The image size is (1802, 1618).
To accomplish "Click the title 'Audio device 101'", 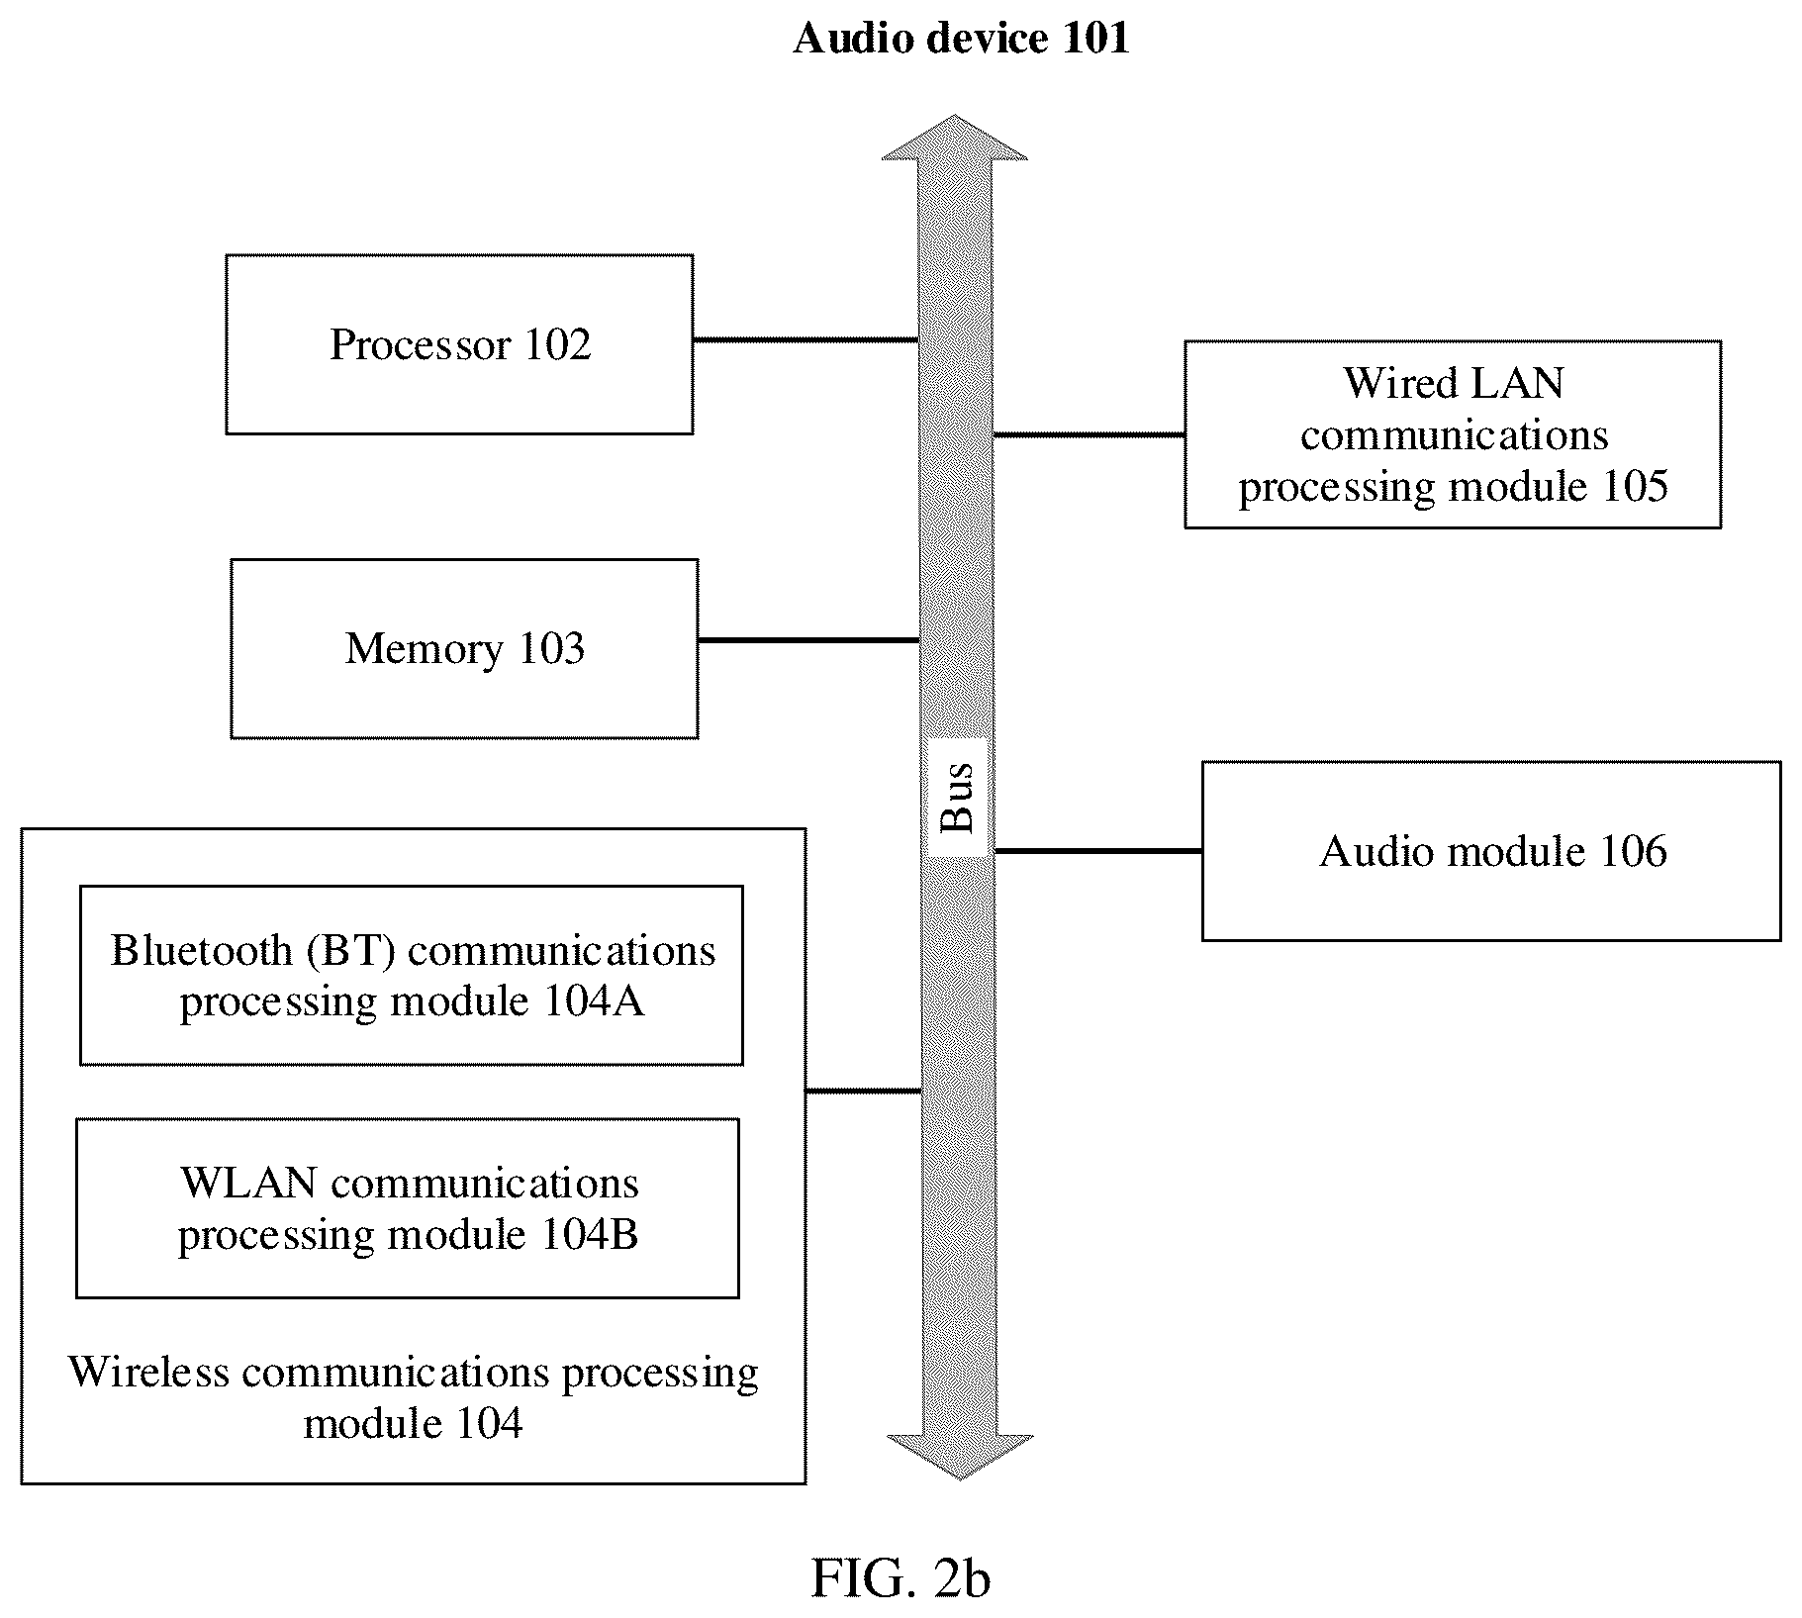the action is pos(961,39).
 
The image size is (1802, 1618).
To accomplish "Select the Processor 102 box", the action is pos(459,344).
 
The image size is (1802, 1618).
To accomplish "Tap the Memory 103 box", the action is pos(464,648).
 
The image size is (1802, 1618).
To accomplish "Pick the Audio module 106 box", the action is pos(1491,851).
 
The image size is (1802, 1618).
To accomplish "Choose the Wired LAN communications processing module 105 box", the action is pos(1453,434).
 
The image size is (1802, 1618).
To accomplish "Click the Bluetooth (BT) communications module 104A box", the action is pos(412,975).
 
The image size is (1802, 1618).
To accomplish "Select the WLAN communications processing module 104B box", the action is pos(408,1208).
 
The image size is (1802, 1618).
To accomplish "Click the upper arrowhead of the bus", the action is pos(955,139).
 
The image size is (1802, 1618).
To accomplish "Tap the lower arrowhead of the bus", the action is pos(960,1456).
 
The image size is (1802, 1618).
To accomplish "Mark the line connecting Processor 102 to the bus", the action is pos(806,339).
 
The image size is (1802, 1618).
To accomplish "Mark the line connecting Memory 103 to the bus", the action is pos(809,640).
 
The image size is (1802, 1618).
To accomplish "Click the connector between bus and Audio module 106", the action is pos(1098,850).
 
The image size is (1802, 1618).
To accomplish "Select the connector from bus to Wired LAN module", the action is pos(1090,433).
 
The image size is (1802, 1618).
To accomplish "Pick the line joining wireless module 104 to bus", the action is pos(864,1091).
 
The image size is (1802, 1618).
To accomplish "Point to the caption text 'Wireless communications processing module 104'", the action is pos(414,1397).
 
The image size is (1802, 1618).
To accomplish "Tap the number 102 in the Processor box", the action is pos(557,344).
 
